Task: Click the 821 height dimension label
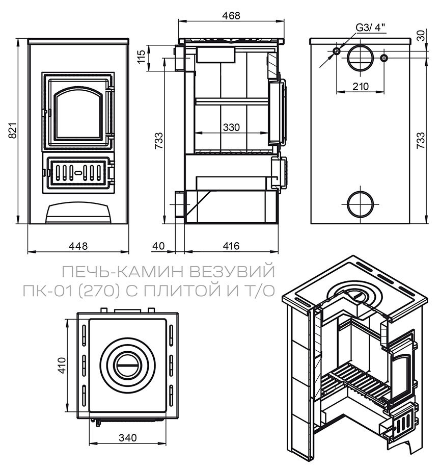[12, 131]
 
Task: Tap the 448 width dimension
[78, 246]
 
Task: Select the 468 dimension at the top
[231, 15]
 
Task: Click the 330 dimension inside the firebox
[232, 127]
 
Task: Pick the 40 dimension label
[158, 246]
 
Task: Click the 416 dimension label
[231, 246]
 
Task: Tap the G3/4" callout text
[371, 28]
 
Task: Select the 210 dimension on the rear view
[361, 87]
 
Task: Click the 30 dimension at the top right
[420, 35]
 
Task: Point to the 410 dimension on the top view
[62, 365]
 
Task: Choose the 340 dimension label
[127, 438]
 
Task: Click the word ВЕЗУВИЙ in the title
[232, 272]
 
